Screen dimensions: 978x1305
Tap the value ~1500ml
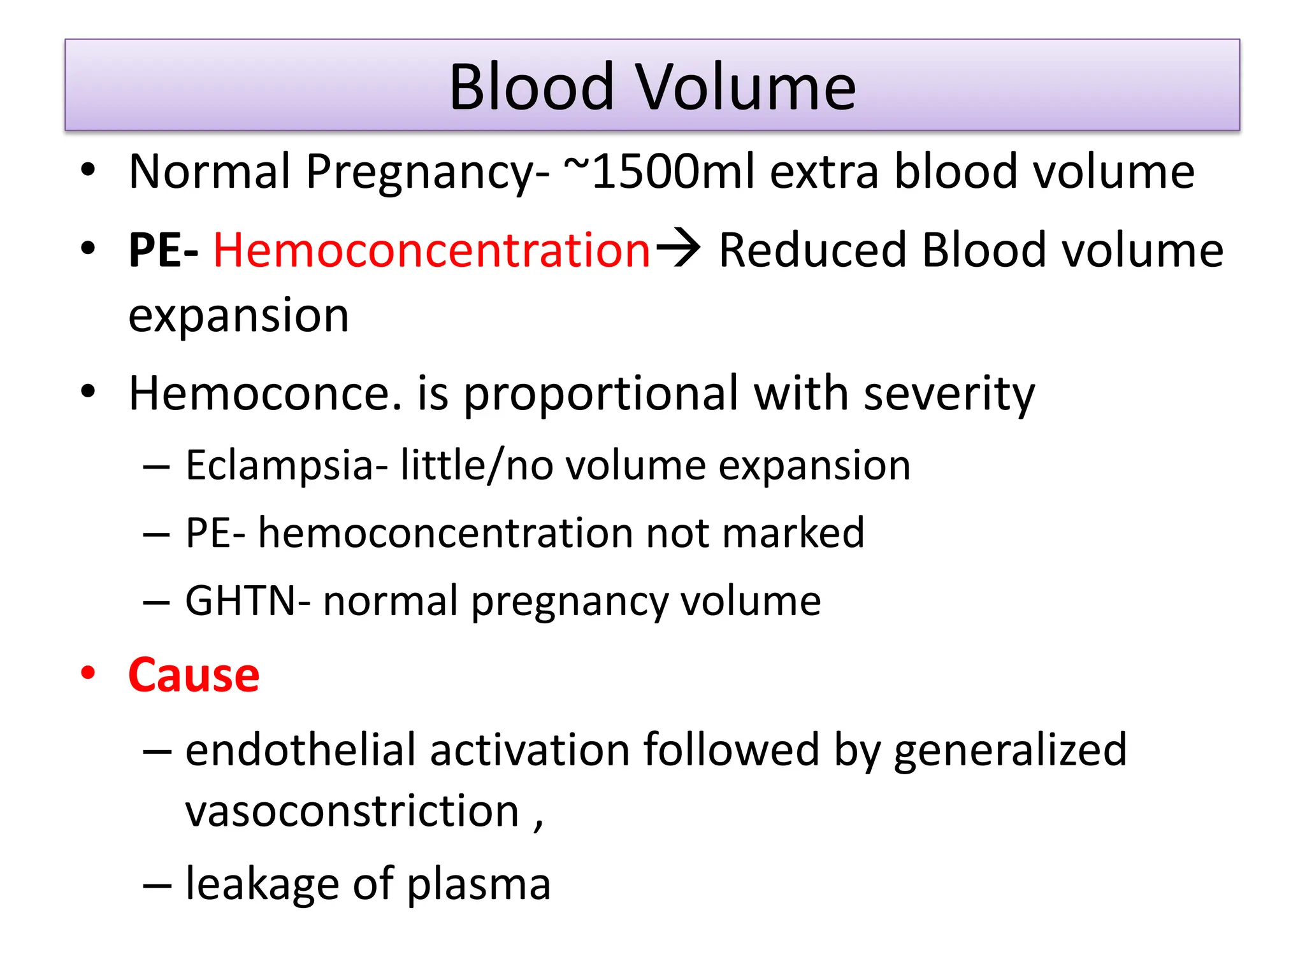click(659, 172)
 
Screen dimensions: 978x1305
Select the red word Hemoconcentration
click(431, 250)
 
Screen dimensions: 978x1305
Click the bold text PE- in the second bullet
click(163, 250)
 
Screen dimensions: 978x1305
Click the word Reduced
click(812, 250)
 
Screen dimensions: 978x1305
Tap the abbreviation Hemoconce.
click(265, 393)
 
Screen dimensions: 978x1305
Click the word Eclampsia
click(286, 466)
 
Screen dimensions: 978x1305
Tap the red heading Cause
click(194, 675)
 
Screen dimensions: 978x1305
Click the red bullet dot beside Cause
click(88, 673)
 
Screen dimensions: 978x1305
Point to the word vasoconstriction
click(352, 811)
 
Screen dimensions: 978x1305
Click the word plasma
click(479, 885)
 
